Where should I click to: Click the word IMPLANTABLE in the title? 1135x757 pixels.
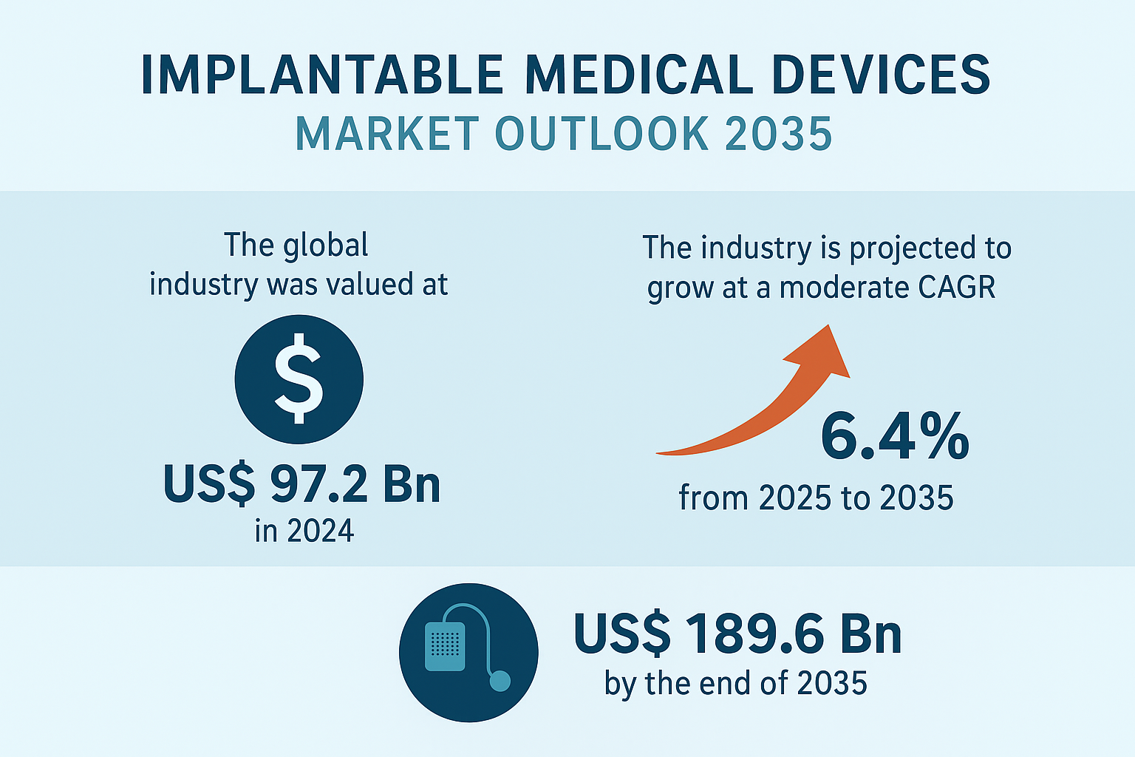pos(322,75)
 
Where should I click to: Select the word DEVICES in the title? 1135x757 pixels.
pos(882,75)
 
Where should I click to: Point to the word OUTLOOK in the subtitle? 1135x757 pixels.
pos(602,134)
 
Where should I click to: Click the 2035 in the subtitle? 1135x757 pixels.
pos(779,134)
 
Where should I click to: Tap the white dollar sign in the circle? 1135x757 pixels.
pos(299,378)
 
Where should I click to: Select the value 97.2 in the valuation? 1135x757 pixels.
pos(318,483)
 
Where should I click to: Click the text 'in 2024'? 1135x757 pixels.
pos(304,531)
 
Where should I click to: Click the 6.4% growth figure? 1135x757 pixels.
pos(895,436)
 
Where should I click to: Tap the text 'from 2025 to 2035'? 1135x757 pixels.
pos(816,498)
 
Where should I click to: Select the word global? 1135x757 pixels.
pos(325,246)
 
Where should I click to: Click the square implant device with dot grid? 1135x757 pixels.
pos(445,646)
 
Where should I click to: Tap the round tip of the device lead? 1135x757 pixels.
pos(500,681)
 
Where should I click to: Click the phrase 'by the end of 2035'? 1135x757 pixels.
pos(736,684)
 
